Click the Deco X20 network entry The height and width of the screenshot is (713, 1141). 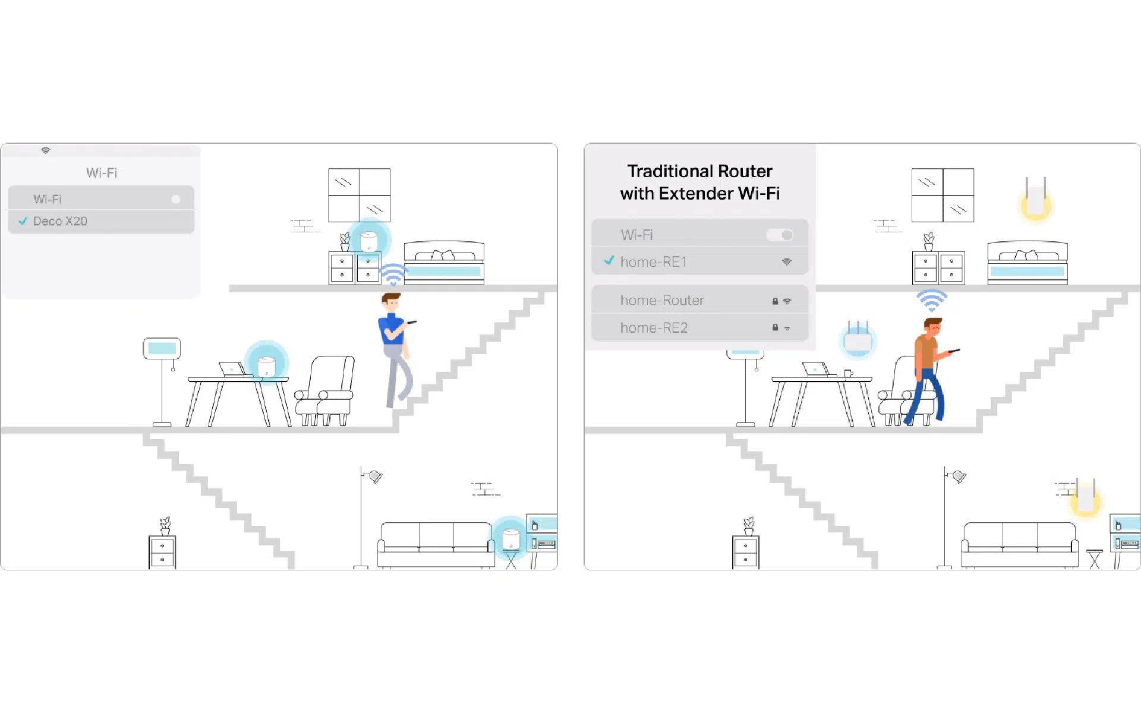click(101, 221)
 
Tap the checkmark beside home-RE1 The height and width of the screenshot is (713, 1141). click(609, 260)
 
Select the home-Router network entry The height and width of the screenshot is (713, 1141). click(699, 300)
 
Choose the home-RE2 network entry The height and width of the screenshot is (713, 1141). click(699, 327)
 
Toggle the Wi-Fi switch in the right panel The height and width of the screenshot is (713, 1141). click(780, 235)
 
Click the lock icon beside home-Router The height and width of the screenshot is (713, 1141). click(775, 301)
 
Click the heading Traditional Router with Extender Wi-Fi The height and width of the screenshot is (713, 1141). click(699, 182)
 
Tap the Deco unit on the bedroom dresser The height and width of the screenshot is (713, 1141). click(369, 241)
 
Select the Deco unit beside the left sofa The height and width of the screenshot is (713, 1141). click(511, 539)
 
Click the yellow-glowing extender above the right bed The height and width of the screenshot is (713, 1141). click(1035, 199)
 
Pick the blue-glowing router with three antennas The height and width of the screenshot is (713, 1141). click(858, 339)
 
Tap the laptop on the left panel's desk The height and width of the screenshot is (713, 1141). click(232, 370)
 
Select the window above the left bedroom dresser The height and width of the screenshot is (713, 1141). click(360, 195)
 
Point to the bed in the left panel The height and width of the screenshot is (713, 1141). click(444, 263)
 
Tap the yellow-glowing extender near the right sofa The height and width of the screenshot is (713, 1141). click(1086, 498)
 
